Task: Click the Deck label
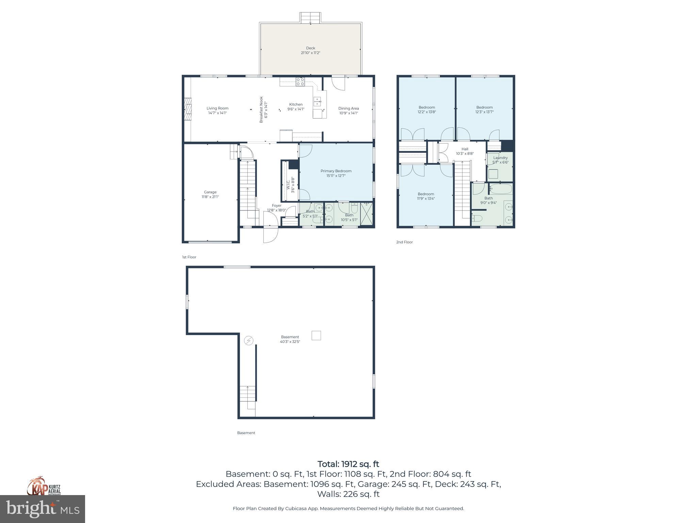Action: click(310, 48)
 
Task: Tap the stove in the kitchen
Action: click(300, 82)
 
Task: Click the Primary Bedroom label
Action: click(336, 171)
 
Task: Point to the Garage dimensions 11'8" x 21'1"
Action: click(210, 197)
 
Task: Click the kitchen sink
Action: click(317, 101)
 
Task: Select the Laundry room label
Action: click(500, 158)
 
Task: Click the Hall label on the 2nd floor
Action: click(465, 149)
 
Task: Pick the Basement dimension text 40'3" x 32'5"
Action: click(290, 342)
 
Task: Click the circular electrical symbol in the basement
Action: click(249, 340)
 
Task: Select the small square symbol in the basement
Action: click(316, 335)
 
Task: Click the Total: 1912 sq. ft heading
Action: click(348, 464)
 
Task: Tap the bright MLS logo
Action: click(43, 509)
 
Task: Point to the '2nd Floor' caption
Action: click(404, 242)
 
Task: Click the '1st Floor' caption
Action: click(189, 257)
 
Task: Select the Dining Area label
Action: click(348, 108)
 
